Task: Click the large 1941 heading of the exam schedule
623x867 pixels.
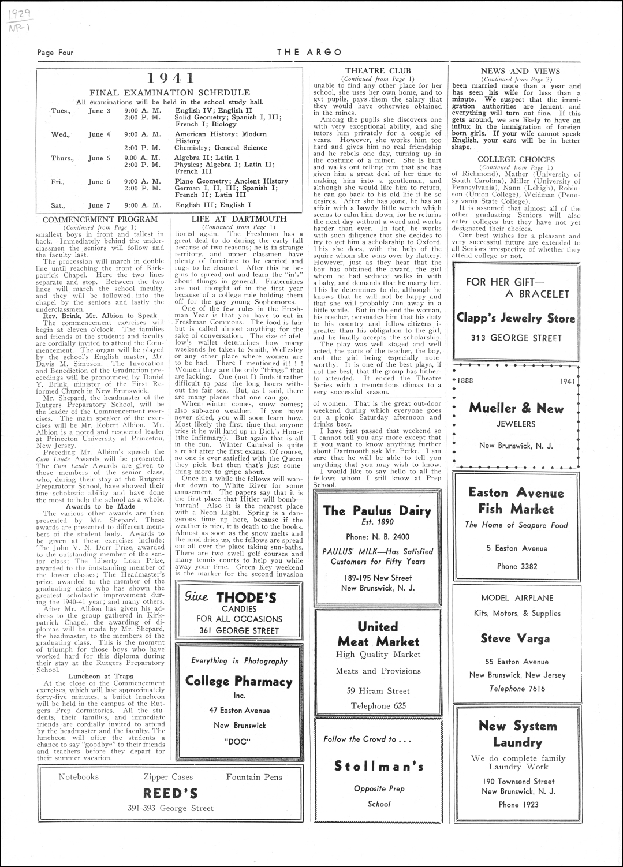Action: click(170, 79)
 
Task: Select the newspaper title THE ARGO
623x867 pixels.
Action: click(309, 52)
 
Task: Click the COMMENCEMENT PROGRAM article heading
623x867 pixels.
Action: click(100, 219)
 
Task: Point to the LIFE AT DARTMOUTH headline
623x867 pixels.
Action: click(239, 219)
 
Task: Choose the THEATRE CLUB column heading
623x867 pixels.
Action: click(378, 71)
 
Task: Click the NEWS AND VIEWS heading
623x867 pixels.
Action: click(516, 71)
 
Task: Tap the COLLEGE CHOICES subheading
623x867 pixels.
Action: click(516, 159)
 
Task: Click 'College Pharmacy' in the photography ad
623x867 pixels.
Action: click(239, 681)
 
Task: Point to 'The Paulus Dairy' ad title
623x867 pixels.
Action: click(378, 510)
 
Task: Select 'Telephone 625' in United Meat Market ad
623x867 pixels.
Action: click(378, 705)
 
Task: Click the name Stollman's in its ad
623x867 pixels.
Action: click(379, 765)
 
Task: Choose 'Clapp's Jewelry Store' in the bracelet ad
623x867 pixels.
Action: click(516, 318)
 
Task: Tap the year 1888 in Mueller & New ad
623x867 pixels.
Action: click(465, 381)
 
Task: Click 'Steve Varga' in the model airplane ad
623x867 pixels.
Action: click(516, 638)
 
